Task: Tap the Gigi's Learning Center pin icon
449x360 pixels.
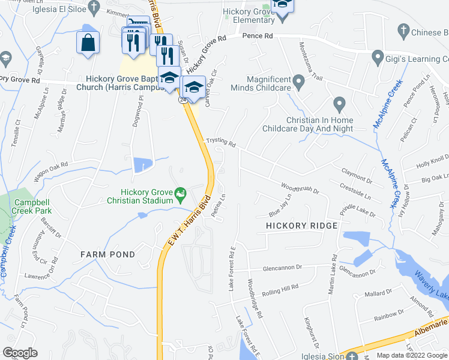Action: click(x=378, y=58)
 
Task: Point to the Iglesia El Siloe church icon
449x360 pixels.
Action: click(x=94, y=7)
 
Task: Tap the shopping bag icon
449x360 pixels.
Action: click(x=88, y=43)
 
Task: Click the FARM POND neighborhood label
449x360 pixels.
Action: click(x=108, y=254)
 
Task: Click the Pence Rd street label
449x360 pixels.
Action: click(x=258, y=36)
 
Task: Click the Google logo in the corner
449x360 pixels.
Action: click(x=20, y=353)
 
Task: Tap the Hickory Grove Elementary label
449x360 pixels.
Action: click(x=249, y=16)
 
